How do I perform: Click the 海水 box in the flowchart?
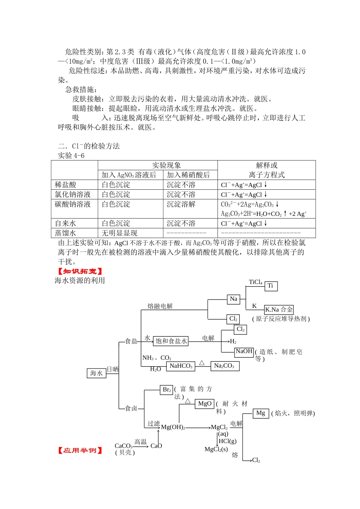(x=96, y=373)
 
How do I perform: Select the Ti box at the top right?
(x=271, y=286)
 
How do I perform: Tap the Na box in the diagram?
(x=234, y=299)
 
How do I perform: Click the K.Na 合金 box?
(x=279, y=309)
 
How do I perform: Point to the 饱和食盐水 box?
(x=171, y=341)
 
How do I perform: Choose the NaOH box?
(x=244, y=351)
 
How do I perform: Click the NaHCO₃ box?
(x=181, y=366)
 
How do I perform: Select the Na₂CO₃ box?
(x=224, y=366)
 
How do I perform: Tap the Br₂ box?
(x=167, y=390)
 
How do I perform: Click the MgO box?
(x=205, y=404)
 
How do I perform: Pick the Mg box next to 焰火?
(x=261, y=413)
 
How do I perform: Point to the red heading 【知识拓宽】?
(x=80, y=271)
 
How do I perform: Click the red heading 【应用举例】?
(x=80, y=450)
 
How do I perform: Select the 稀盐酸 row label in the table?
(x=66, y=185)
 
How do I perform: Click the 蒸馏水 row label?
(x=66, y=233)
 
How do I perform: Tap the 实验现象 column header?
(x=166, y=166)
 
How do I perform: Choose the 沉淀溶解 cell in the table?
(x=181, y=204)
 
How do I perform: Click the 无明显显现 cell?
(x=120, y=233)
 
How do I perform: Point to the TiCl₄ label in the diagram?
(x=256, y=282)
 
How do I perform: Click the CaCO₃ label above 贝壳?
(x=124, y=446)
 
